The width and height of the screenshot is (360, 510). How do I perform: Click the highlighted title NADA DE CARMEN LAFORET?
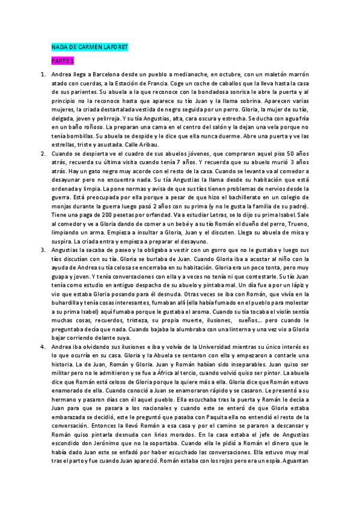click(89, 46)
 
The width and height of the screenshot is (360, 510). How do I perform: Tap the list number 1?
click(43, 75)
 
